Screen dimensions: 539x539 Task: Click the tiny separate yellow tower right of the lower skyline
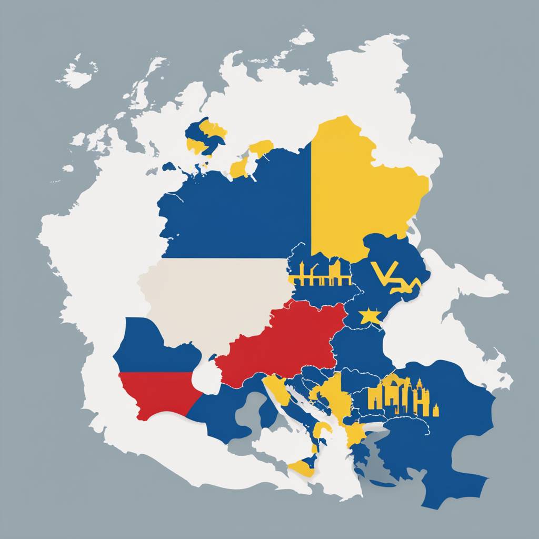pyautogui.click(x=436, y=410)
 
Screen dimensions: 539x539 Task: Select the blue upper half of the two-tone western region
pyautogui.click(x=153, y=347)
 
